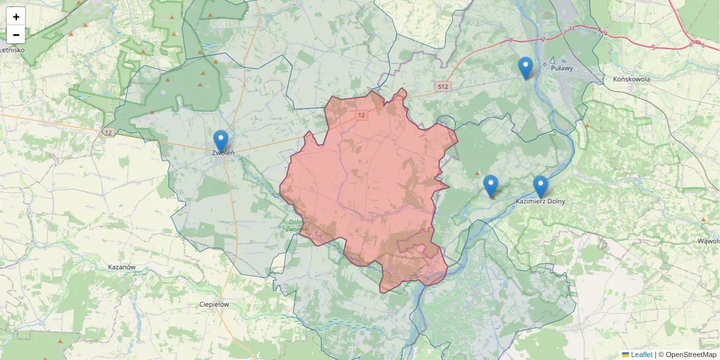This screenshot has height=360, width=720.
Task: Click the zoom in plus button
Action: [16, 17]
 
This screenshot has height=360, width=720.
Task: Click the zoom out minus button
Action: [16, 35]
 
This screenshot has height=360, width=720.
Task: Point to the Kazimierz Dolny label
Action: [540, 202]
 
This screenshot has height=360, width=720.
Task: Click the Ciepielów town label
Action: [214, 304]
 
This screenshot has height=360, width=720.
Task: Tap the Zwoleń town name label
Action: [223, 153]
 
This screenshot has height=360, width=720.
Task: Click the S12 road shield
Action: [443, 87]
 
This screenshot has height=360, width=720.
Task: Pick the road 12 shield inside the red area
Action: [361, 114]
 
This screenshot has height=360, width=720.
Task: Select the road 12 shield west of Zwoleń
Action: [108, 132]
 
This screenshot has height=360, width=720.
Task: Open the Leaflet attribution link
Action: [641, 355]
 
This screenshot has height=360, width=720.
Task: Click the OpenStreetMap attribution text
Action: [687, 355]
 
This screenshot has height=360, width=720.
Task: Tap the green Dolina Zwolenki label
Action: [297, 226]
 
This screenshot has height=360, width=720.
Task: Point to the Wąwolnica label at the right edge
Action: [709, 241]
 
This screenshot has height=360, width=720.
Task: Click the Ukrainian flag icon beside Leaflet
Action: [625, 355]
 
